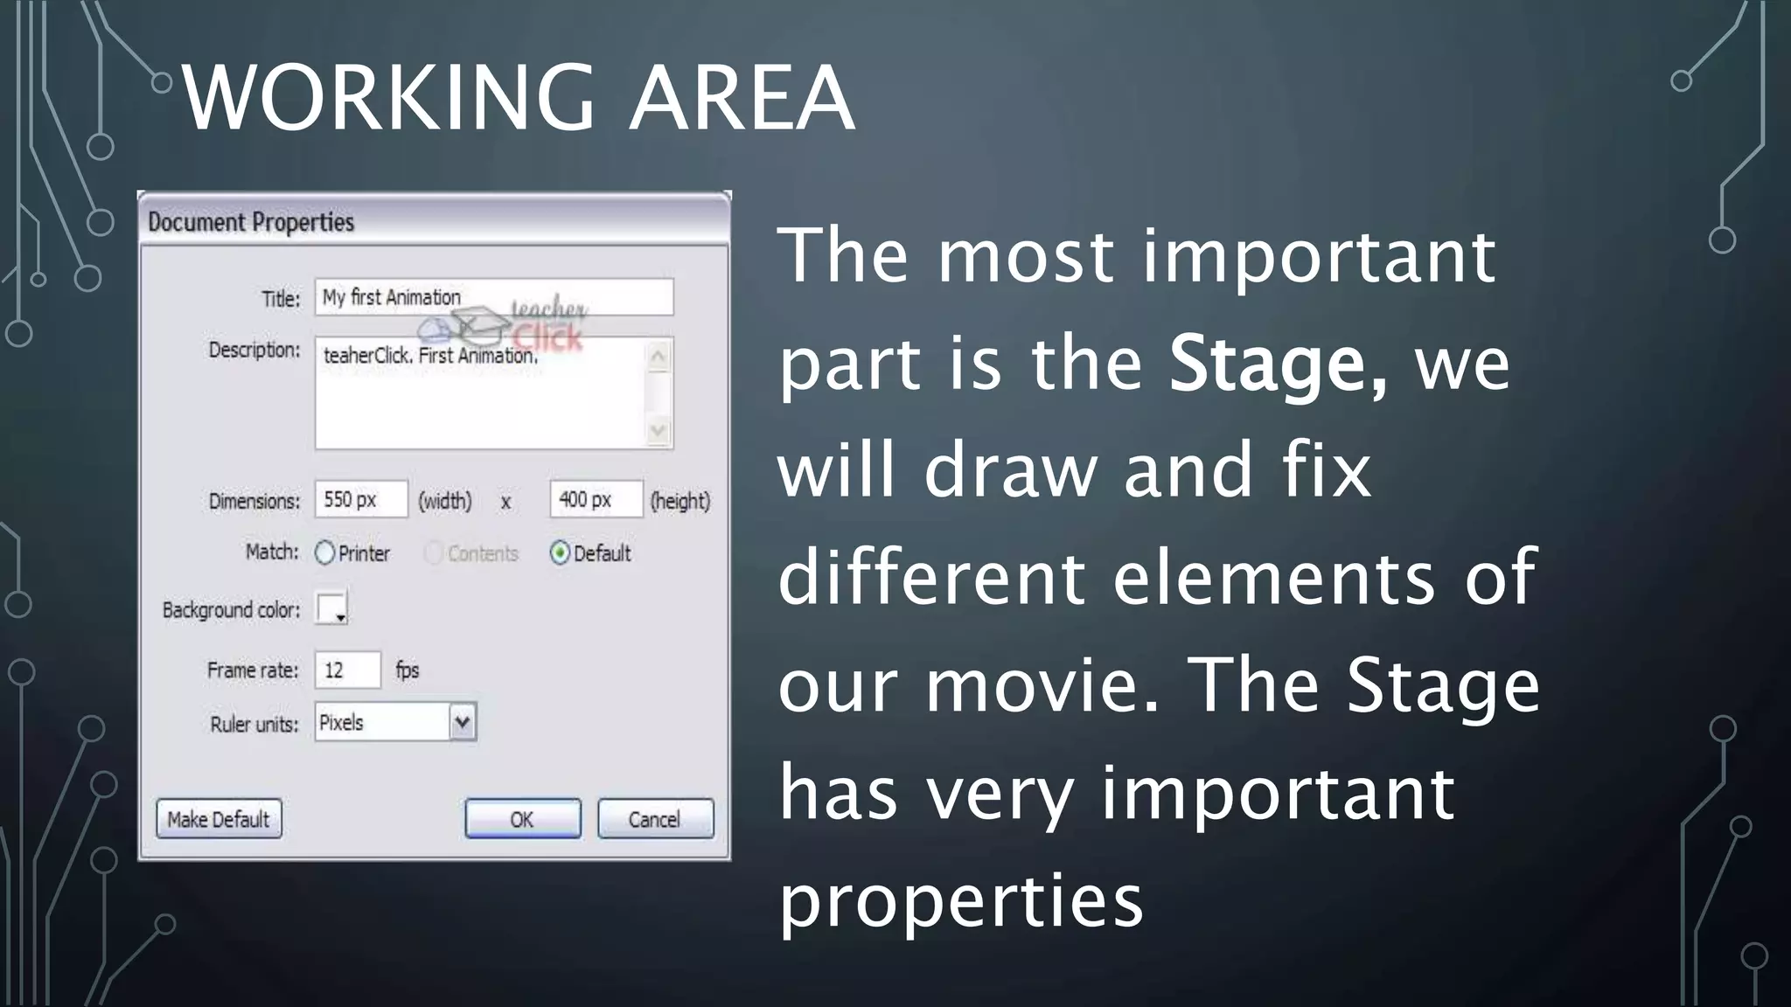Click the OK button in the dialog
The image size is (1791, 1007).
(x=522, y=819)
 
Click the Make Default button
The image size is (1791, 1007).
(x=219, y=819)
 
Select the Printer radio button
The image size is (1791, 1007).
(x=325, y=553)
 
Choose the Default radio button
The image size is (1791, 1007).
(x=560, y=553)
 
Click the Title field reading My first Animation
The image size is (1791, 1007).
(x=494, y=297)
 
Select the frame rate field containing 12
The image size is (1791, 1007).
(x=347, y=670)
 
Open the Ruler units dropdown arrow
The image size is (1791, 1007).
(x=463, y=723)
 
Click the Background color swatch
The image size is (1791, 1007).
(x=331, y=608)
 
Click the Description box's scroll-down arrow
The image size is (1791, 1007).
(x=659, y=431)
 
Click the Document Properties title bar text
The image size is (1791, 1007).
(x=251, y=222)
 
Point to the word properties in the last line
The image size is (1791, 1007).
(x=961, y=900)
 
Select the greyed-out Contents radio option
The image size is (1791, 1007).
(x=434, y=553)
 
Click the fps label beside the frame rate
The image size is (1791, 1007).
(x=408, y=670)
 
